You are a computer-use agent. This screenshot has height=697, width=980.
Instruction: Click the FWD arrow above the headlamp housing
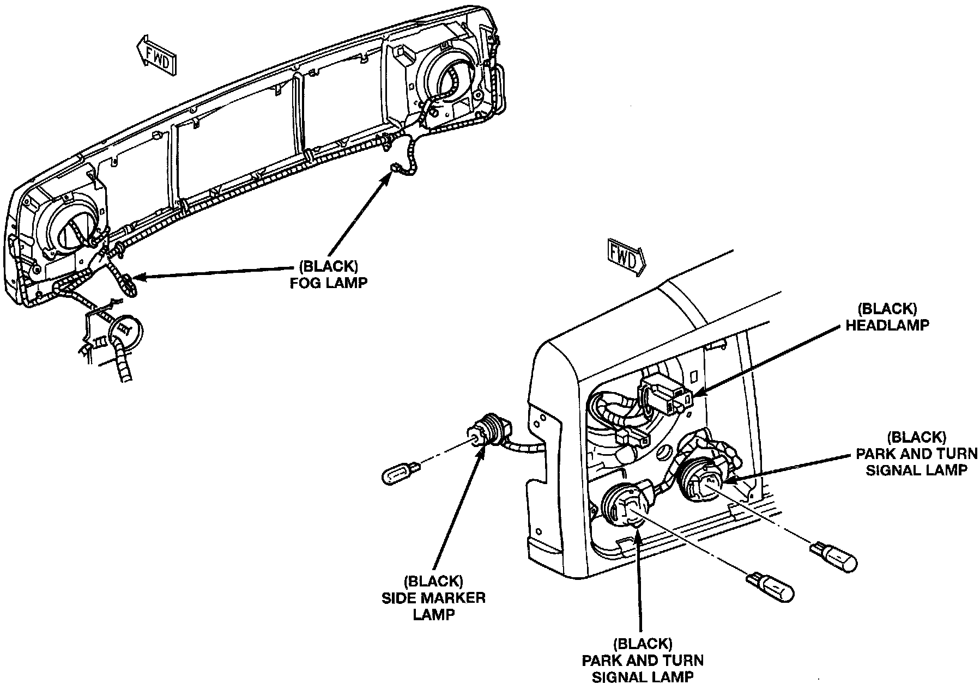coord(626,258)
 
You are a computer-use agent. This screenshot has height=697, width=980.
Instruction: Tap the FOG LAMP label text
coord(328,283)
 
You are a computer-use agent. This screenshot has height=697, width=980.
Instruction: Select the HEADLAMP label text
coord(886,325)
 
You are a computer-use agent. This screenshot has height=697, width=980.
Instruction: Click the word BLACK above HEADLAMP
coord(886,309)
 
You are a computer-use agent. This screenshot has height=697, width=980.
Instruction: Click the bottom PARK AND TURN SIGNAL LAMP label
coord(643,661)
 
